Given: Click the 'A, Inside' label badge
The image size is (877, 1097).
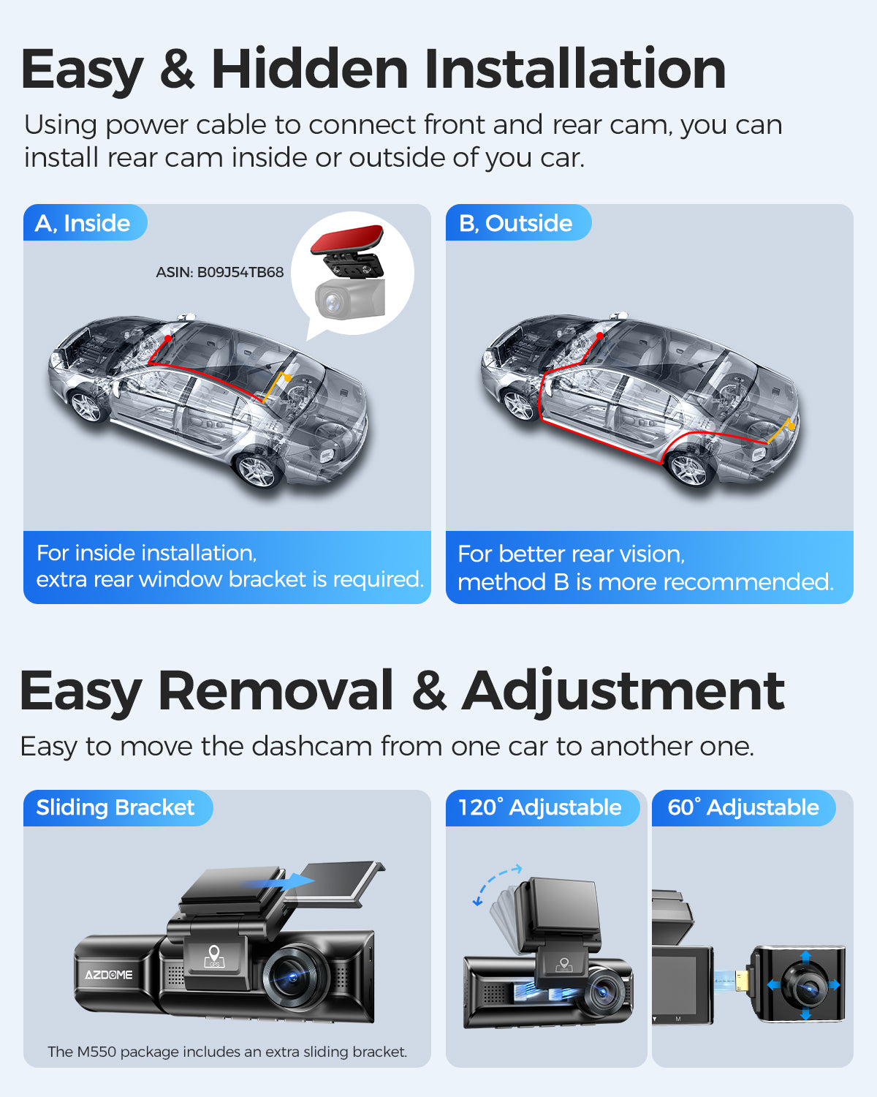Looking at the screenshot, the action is tap(85, 222).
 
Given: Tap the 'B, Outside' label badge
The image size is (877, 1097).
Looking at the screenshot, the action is tap(518, 222).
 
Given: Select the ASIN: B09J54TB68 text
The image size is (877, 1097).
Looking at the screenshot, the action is tap(220, 272).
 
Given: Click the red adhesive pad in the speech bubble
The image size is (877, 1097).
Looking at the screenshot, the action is tap(346, 238).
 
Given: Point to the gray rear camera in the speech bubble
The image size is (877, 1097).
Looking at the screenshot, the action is tap(349, 298).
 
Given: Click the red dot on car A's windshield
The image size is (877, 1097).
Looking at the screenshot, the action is tap(167, 338).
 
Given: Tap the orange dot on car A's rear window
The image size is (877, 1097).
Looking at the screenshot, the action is tap(287, 377).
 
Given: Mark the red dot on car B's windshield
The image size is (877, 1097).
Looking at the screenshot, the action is tap(600, 336).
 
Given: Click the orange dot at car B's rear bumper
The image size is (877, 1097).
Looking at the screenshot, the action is tap(791, 425).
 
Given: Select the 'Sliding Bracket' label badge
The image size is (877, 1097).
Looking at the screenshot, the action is tap(118, 808).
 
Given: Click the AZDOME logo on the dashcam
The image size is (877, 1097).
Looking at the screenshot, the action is tap(109, 975).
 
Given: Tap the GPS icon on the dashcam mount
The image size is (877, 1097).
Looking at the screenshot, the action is tap(214, 956).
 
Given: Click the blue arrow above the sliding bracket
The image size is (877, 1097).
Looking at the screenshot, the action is tap(277, 881).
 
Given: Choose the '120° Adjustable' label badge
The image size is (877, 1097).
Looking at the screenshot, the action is tap(542, 808).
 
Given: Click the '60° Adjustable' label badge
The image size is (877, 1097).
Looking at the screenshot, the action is tap(743, 808).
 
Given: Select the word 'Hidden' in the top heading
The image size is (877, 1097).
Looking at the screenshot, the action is tap(309, 69).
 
